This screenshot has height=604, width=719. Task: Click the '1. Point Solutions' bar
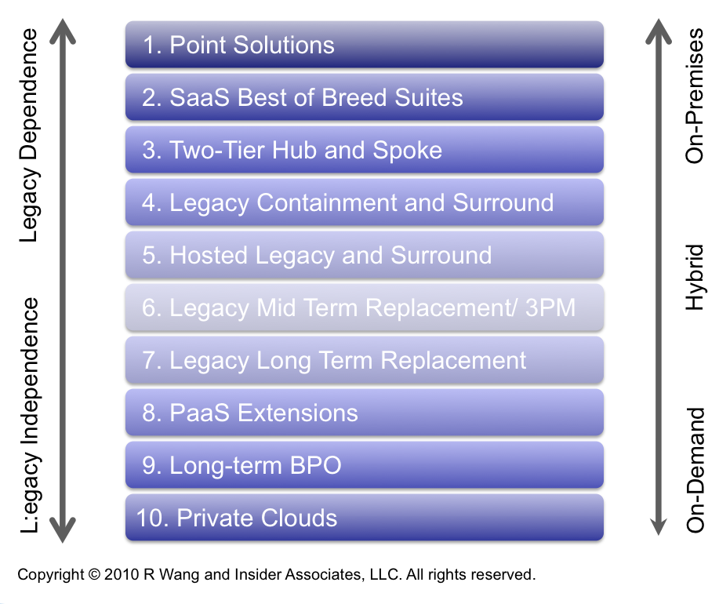(x=364, y=45)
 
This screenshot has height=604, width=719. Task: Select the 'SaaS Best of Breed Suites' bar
(x=364, y=97)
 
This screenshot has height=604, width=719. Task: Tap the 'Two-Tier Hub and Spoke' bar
(x=364, y=150)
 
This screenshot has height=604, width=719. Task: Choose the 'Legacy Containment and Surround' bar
(x=364, y=202)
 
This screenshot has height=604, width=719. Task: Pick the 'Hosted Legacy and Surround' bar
(x=364, y=254)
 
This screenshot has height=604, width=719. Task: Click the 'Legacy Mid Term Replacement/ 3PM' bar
(x=364, y=307)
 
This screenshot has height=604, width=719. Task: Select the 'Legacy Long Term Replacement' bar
(x=364, y=360)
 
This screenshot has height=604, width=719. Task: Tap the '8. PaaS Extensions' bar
(x=364, y=413)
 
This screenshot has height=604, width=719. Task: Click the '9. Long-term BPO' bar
(x=364, y=465)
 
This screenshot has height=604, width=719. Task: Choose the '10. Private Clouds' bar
(x=364, y=517)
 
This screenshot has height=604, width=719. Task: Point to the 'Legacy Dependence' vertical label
(x=29, y=135)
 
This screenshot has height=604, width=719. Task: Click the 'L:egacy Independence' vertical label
(x=30, y=415)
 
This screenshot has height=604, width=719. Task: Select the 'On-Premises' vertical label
(x=694, y=96)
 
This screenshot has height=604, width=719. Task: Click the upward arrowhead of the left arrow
(x=63, y=31)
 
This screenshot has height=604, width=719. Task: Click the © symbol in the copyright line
(x=94, y=574)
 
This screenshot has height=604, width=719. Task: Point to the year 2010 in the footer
(x=122, y=574)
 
